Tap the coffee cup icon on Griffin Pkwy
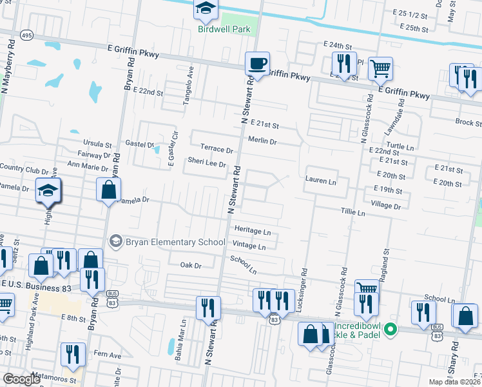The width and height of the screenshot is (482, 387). pos(258,64)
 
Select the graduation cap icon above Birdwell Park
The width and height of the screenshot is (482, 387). pos(206,9)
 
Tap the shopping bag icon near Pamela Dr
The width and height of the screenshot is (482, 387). pos(108,190)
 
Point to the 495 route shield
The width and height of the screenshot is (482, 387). pos(26,35)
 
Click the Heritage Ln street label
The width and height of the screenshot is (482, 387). pos(252,230)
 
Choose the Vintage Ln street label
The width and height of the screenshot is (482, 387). pos(249,246)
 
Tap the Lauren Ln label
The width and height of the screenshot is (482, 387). pos(321,182)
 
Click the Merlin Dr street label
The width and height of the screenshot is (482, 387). pos(262,141)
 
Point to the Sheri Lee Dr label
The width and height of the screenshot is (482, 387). pos(206,164)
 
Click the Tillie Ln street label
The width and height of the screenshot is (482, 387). pos(352,212)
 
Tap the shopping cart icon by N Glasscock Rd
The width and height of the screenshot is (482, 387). pos(380,68)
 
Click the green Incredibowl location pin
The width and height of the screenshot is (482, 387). pos(389,330)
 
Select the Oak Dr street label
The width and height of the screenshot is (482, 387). pos(191,265)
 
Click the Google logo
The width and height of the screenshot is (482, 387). pos(22,379)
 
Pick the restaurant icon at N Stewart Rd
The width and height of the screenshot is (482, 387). pos(208,307)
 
